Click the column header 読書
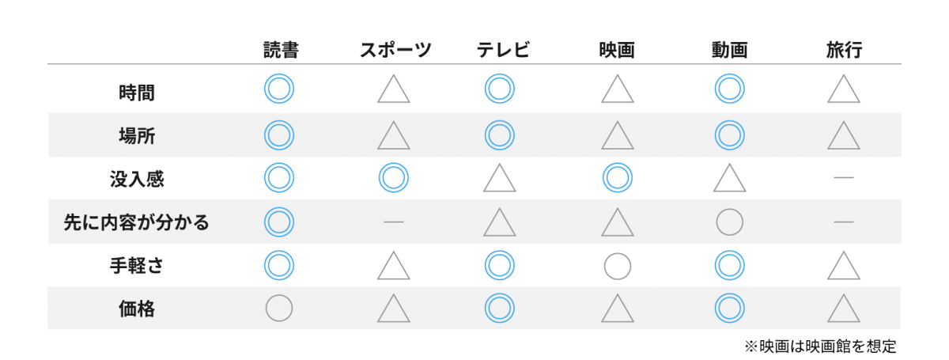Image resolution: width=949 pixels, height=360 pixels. [281, 50]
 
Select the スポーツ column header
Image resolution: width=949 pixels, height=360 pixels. [395, 50]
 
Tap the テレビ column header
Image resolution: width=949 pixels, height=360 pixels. [503, 50]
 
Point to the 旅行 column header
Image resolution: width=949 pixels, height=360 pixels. [844, 50]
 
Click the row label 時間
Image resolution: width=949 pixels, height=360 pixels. [136, 93]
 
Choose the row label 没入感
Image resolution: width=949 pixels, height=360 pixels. [136, 179]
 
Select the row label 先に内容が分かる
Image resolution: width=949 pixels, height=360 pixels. [136, 222]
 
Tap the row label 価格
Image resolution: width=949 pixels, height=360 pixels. [136, 309]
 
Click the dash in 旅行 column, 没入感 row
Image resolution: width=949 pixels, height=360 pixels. [844, 177]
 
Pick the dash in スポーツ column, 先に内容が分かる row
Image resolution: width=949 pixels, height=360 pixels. [394, 222]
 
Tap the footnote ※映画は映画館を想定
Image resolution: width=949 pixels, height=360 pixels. [820, 347]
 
